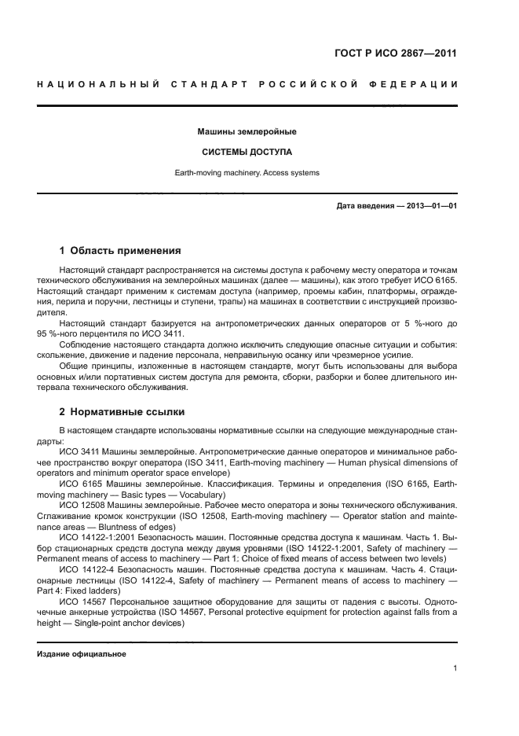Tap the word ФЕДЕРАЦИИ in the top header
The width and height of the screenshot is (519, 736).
(x=414, y=84)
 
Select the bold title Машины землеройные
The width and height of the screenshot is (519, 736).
(x=247, y=131)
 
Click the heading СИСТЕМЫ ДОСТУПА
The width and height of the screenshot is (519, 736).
(x=247, y=152)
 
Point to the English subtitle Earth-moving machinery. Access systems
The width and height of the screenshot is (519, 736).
(x=247, y=172)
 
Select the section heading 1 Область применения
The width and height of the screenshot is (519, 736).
(x=120, y=251)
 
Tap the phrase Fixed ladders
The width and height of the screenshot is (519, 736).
(x=93, y=590)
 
